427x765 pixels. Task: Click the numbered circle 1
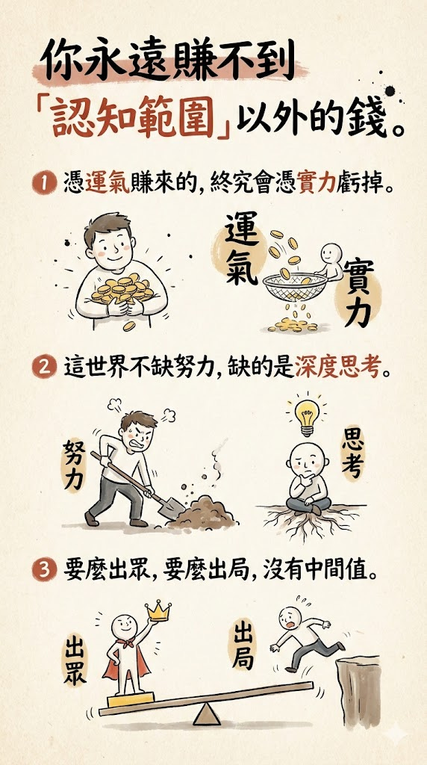(43, 185)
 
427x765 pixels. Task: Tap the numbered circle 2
(43, 368)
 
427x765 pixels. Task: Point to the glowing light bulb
(306, 415)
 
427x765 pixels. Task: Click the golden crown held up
(158, 610)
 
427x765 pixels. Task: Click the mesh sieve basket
(295, 284)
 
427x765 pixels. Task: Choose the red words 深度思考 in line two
(337, 369)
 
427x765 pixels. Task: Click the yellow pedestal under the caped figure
(131, 699)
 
